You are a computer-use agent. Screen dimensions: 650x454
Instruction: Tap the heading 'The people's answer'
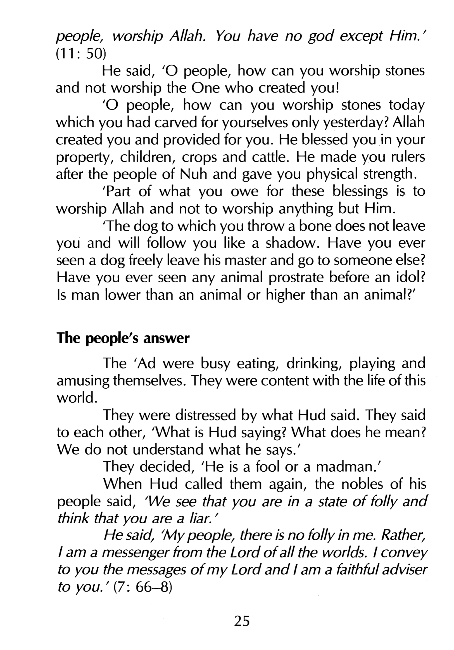123,338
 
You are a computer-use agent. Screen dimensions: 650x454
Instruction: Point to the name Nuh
192,174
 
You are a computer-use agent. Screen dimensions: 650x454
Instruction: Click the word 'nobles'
362,484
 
